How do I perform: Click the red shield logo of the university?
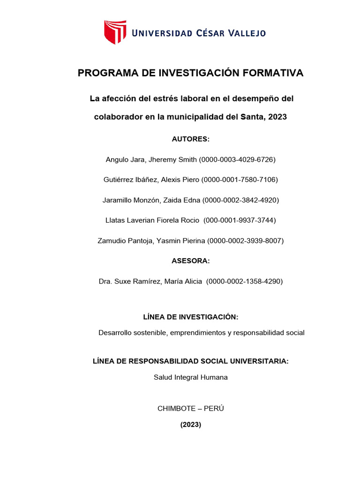point(115,32)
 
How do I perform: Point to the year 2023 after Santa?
point(277,117)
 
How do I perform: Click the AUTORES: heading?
point(190,139)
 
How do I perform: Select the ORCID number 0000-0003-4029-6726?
point(237,159)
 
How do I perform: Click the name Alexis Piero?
point(180,180)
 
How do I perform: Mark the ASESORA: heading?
point(190,261)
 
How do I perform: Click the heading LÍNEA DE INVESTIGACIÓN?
point(190,317)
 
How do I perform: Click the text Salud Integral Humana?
point(190,377)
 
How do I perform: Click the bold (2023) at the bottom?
point(190,425)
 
